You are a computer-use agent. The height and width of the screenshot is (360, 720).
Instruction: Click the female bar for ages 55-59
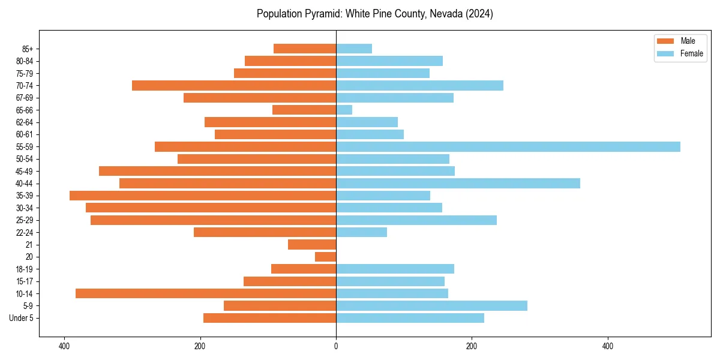508,147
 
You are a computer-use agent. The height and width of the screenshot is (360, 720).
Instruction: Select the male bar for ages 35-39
203,196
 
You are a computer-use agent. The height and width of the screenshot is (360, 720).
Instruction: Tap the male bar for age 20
325,257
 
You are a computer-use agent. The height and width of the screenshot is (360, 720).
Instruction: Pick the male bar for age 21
312,245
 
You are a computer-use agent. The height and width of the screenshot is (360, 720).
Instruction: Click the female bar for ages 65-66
344,110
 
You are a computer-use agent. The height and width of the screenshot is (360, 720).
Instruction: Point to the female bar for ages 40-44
458,184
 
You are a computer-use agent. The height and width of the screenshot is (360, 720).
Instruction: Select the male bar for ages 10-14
206,293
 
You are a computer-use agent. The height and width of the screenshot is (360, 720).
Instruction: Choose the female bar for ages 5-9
431,306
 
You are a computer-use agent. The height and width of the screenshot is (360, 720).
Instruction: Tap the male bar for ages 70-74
234,86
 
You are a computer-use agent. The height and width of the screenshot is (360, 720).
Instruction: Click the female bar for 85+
354,49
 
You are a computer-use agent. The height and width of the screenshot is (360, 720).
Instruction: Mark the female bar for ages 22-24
361,232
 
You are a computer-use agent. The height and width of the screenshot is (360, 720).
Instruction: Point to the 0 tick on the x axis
336,346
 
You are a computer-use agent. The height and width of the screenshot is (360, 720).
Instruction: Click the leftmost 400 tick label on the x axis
64,346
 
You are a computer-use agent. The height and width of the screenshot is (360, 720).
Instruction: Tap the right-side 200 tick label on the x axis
472,346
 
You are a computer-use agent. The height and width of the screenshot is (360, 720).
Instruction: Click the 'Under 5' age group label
21,318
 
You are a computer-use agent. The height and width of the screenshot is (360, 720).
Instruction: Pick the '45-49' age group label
25,171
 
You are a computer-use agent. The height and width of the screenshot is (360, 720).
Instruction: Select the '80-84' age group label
25,61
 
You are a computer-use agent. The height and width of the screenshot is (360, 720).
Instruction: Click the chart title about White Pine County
374,14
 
